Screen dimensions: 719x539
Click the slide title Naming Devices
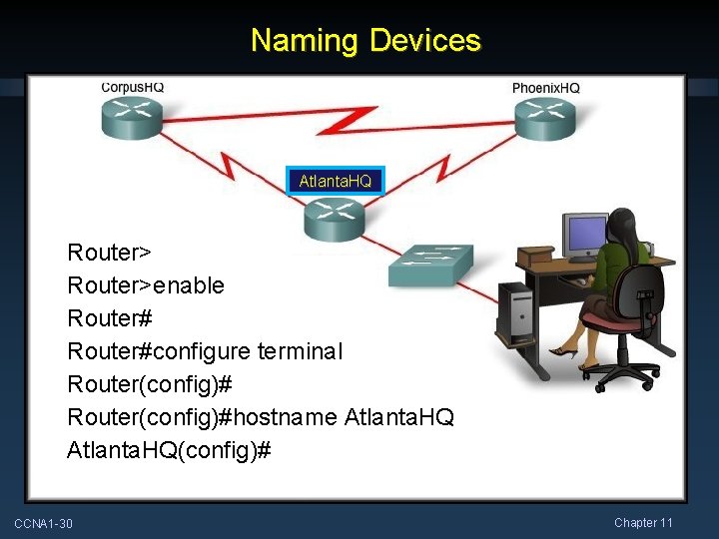click(x=365, y=41)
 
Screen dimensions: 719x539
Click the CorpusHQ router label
click(x=133, y=87)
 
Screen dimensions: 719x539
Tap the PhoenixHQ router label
click(x=545, y=88)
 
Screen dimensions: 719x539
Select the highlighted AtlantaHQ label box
click(x=335, y=181)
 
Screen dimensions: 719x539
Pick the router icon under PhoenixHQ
click(x=545, y=120)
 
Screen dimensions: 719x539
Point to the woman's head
click(x=624, y=225)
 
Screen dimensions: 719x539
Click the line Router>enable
click(x=146, y=285)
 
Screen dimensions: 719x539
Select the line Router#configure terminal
click(x=204, y=351)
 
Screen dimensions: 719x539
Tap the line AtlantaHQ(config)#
click(x=169, y=450)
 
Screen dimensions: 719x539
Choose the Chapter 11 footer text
click(x=643, y=523)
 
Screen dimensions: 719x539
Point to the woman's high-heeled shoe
click(x=564, y=350)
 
